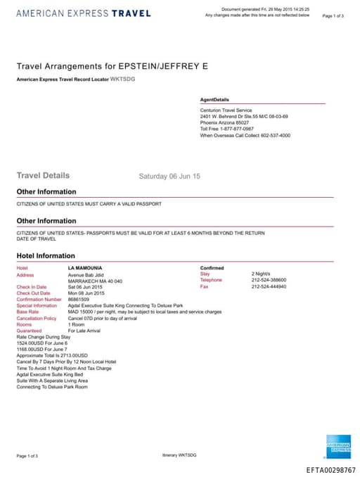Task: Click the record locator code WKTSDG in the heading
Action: point(123,79)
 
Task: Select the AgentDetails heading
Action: point(214,100)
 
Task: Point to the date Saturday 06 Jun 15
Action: point(169,176)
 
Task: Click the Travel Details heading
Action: point(43,175)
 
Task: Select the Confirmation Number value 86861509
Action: point(79,300)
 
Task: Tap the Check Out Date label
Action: point(33,293)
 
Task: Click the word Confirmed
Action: point(212,268)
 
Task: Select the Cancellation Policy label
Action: point(36,319)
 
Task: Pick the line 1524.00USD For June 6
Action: point(42,343)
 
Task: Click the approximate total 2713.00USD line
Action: point(52,356)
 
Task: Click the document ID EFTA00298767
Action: point(331,470)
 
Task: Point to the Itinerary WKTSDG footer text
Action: point(179,456)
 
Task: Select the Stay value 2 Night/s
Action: point(262,274)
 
